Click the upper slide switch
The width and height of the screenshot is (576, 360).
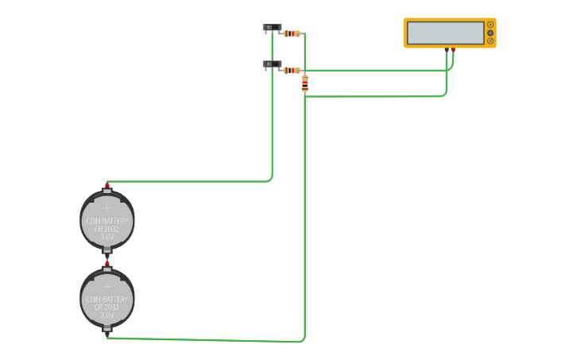(x=272, y=28)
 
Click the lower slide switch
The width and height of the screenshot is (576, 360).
(x=272, y=64)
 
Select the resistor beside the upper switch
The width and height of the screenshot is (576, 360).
(x=292, y=33)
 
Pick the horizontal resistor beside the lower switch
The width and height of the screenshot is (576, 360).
(x=292, y=70)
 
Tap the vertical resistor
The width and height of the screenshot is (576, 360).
(x=305, y=83)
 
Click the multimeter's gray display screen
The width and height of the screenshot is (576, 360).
(x=445, y=33)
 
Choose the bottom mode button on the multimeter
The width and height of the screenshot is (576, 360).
(x=490, y=41)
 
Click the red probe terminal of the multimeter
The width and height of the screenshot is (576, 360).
(x=453, y=50)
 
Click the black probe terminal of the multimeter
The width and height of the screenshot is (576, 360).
(x=446, y=50)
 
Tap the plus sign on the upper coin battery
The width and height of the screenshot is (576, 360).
(x=106, y=207)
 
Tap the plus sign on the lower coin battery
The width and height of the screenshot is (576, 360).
(x=106, y=286)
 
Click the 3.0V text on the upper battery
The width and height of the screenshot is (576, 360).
(x=106, y=237)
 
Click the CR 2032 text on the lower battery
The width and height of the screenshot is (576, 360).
(x=106, y=308)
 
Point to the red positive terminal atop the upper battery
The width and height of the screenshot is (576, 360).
(x=107, y=185)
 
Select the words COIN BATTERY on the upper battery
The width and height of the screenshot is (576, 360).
(x=106, y=221)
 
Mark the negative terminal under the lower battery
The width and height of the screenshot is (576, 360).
(x=107, y=335)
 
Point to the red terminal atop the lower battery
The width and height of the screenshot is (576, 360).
(x=107, y=263)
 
